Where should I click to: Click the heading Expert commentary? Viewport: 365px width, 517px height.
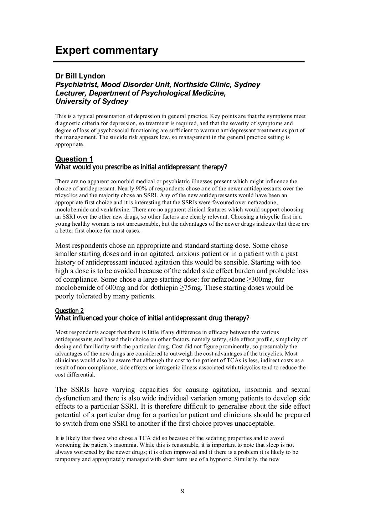coord(106,51)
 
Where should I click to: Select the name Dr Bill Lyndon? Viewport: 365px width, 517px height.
coord(80,76)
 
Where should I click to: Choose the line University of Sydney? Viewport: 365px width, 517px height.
coord(92,101)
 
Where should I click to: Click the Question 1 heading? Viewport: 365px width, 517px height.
coord(74,159)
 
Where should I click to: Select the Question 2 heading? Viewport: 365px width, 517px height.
coord(70,311)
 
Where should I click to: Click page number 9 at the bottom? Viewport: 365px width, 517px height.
coord(182,491)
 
